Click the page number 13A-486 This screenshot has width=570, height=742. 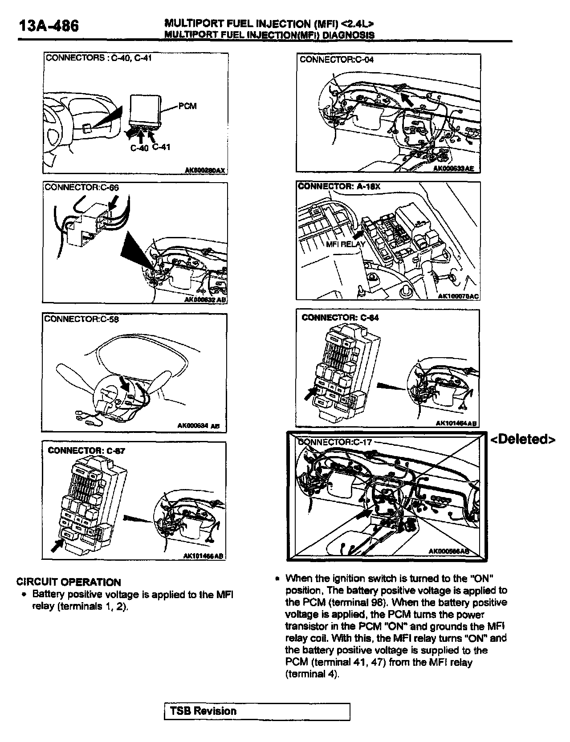pyautogui.click(x=49, y=26)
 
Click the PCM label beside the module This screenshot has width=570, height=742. pyautogui.click(x=187, y=106)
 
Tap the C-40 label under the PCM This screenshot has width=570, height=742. pyautogui.click(x=139, y=148)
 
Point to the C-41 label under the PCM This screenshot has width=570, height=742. pyautogui.click(x=161, y=147)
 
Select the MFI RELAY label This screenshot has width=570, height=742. pyautogui.click(x=346, y=244)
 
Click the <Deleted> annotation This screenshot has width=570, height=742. pyautogui.click(x=523, y=440)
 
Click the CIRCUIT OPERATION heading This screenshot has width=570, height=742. pyautogui.click(x=69, y=582)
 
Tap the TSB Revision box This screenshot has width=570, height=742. pyautogui.click(x=257, y=711)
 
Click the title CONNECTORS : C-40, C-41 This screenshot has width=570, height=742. pyautogui.click(x=99, y=58)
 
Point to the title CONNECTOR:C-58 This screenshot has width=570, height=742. pyautogui.click(x=82, y=319)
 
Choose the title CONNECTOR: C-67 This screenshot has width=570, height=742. pyautogui.click(x=86, y=450)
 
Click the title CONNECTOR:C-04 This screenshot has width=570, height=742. pyautogui.click(x=337, y=59)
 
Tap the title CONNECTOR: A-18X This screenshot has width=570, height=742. pyautogui.click(x=339, y=186)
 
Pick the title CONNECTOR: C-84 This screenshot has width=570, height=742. pyautogui.click(x=340, y=318)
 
